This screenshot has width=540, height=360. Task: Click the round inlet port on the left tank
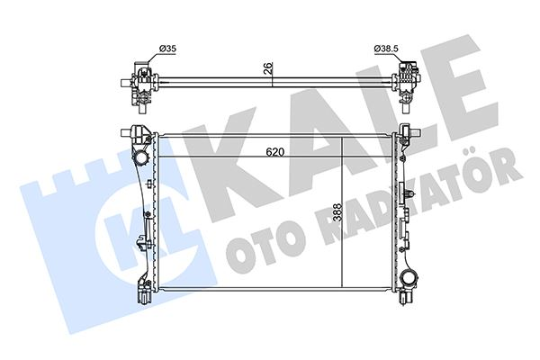pyautogui.click(x=140, y=159)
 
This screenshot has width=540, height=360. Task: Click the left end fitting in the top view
pyautogui.click(x=139, y=80)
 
